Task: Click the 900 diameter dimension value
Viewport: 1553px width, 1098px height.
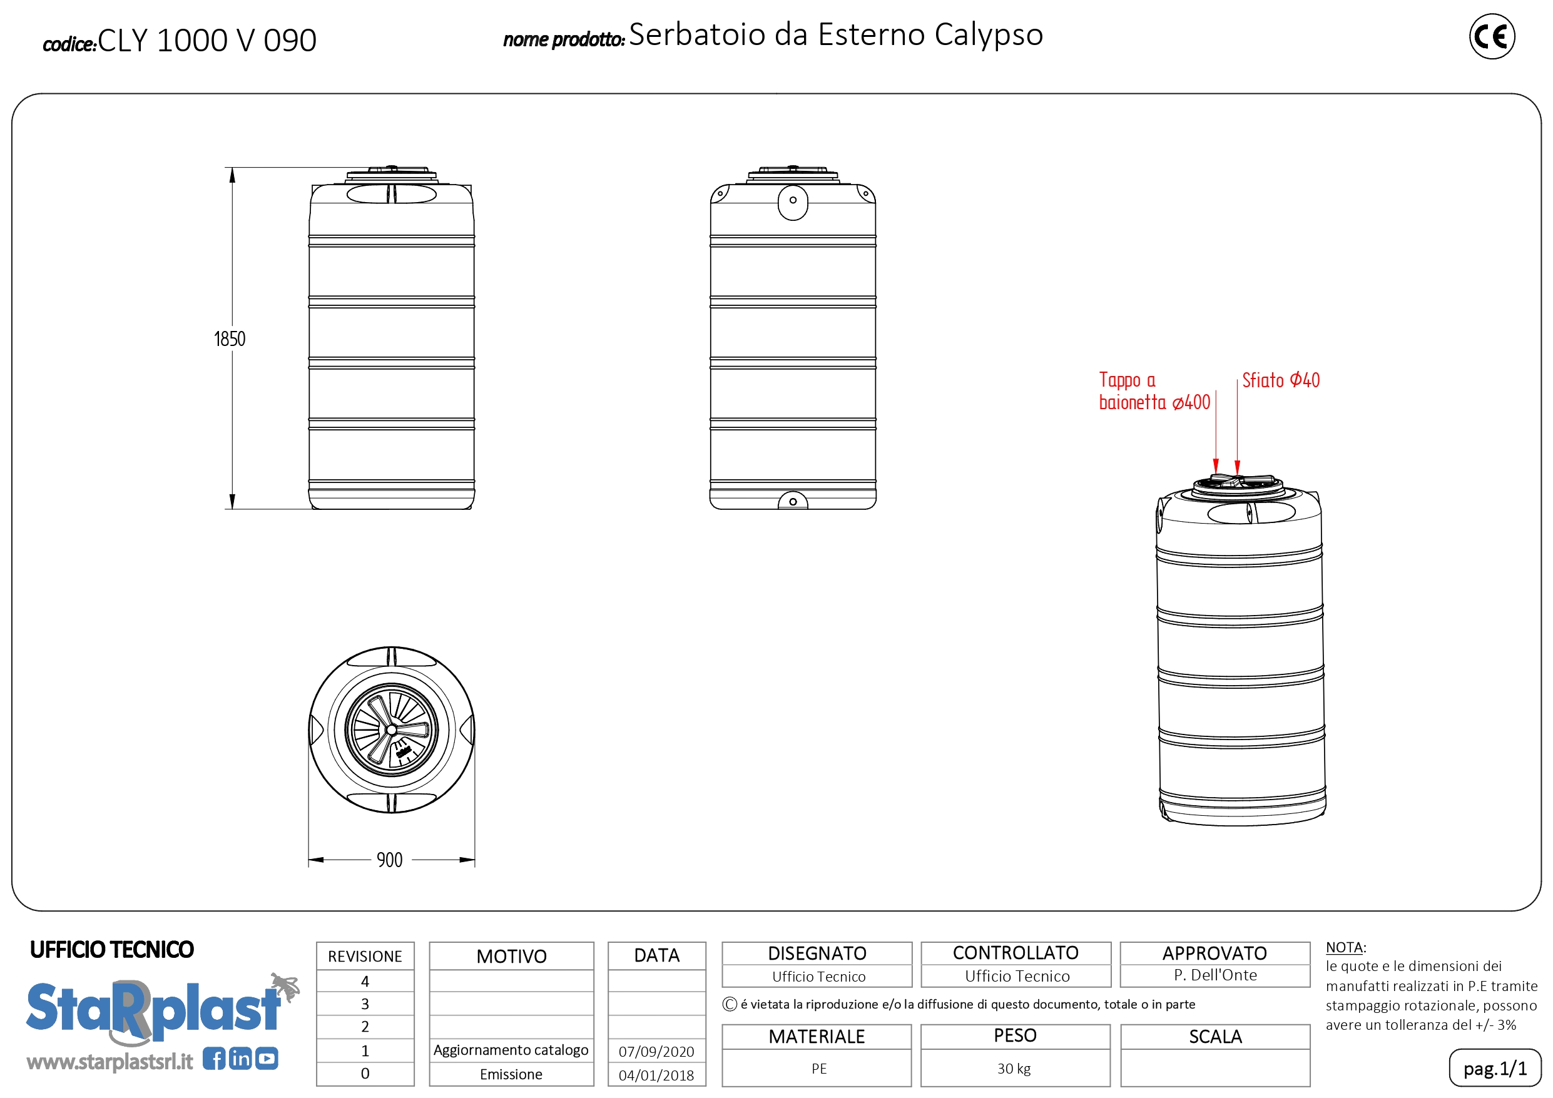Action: click(390, 860)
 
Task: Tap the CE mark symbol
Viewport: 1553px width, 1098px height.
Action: click(1492, 36)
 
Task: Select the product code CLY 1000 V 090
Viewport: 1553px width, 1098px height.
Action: click(207, 40)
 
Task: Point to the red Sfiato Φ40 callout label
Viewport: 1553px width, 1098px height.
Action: click(1280, 380)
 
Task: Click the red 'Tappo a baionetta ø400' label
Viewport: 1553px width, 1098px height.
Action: click(1154, 391)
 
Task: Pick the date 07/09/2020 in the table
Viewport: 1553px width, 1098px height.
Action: click(656, 1051)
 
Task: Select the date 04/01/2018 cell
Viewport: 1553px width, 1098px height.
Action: click(656, 1075)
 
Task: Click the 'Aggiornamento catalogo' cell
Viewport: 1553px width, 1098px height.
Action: click(511, 1050)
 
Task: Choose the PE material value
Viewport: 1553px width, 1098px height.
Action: click(819, 1069)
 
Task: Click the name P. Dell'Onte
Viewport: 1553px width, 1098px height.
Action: click(1216, 975)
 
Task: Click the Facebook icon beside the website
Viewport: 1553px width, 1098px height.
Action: click(214, 1059)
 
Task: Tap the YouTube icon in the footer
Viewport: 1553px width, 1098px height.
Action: click(267, 1059)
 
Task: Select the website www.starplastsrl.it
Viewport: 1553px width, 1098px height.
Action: click(109, 1062)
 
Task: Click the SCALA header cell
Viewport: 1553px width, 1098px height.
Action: click(1216, 1037)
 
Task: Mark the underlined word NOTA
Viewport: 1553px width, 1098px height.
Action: click(1344, 948)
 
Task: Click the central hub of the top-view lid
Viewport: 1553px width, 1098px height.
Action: click(391, 730)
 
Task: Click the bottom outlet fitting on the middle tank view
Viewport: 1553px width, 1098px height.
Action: click(793, 501)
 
